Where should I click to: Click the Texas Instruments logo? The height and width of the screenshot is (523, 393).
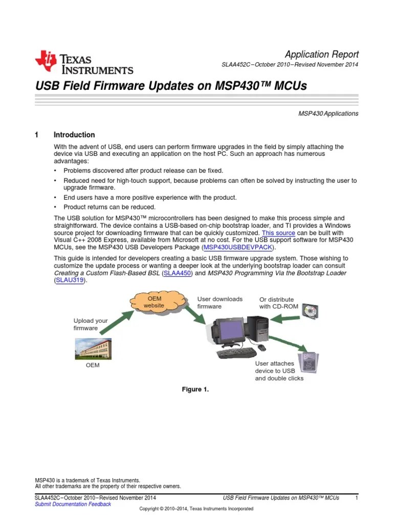pos(83,63)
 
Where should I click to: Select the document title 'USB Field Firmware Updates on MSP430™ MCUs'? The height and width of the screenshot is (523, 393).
pos(170,86)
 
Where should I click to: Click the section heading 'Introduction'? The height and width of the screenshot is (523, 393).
pos(74,135)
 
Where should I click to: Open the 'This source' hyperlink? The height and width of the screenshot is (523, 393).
pos(278,232)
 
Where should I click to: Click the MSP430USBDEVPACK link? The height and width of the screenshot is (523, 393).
pos(238,247)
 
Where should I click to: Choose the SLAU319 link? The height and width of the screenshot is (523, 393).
pos(71,281)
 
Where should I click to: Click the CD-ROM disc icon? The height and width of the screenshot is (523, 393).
pos(310,310)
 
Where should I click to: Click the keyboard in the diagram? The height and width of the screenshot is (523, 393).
pos(236,353)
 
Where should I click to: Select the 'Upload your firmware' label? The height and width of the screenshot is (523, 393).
pos(91,324)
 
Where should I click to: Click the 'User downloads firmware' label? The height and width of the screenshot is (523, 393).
pos(220,302)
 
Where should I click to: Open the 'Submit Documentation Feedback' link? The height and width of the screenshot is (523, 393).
pos(73,504)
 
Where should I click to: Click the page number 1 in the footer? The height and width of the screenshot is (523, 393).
pos(356,497)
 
